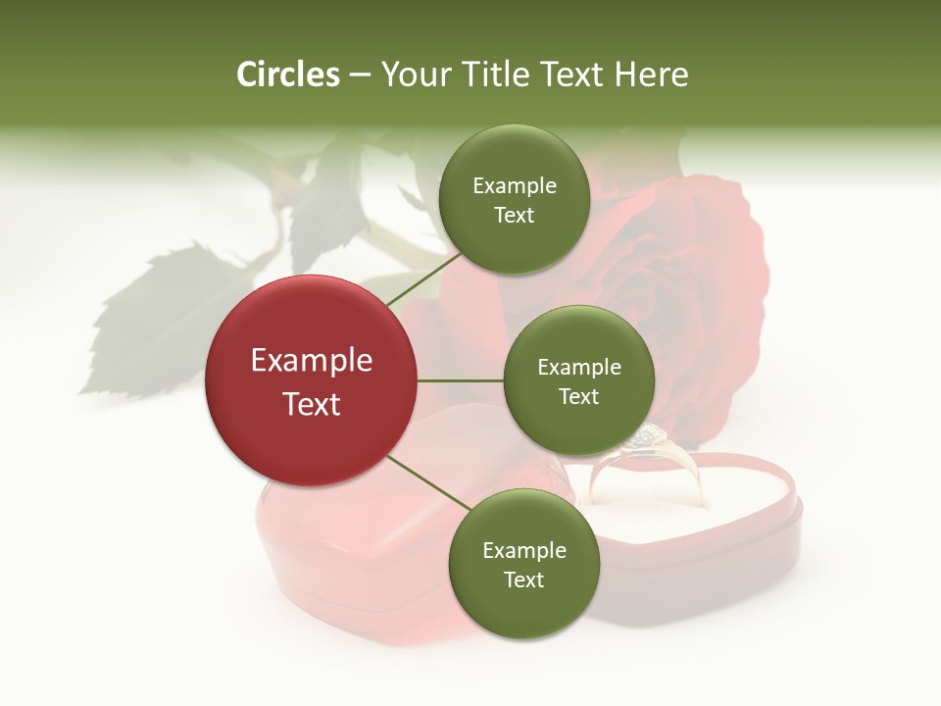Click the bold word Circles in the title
(287, 75)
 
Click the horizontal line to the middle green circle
(461, 380)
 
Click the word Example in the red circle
(312, 361)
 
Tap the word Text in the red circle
(312, 404)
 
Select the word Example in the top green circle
(515, 186)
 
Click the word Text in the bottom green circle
(523, 580)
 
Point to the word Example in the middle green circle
(579, 368)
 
